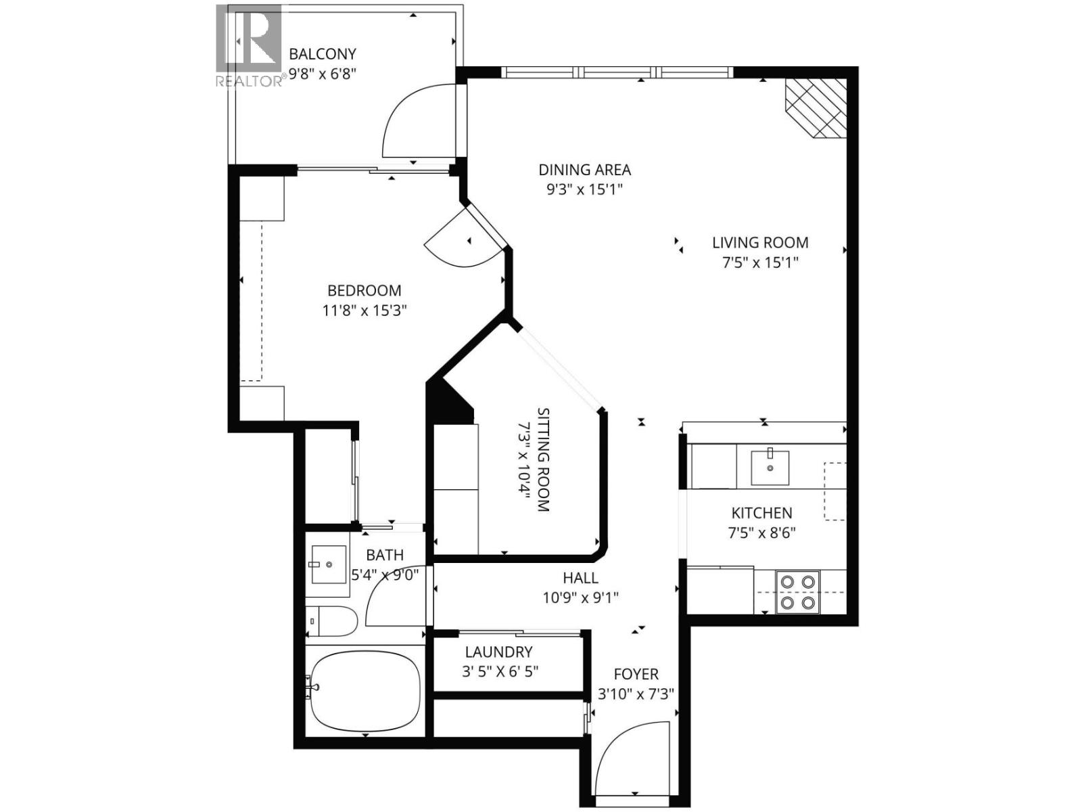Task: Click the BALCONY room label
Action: (322, 54)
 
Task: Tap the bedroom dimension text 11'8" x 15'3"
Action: (364, 311)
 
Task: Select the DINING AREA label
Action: (584, 170)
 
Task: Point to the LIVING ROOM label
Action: (760, 242)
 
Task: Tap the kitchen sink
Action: (770, 466)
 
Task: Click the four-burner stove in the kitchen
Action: (797, 592)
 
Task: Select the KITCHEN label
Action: (761, 513)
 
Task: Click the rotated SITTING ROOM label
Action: (543, 459)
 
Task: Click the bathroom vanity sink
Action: (328, 564)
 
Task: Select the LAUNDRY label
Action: (498, 652)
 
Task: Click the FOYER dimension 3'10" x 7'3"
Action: (636, 694)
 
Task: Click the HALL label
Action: (580, 578)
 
